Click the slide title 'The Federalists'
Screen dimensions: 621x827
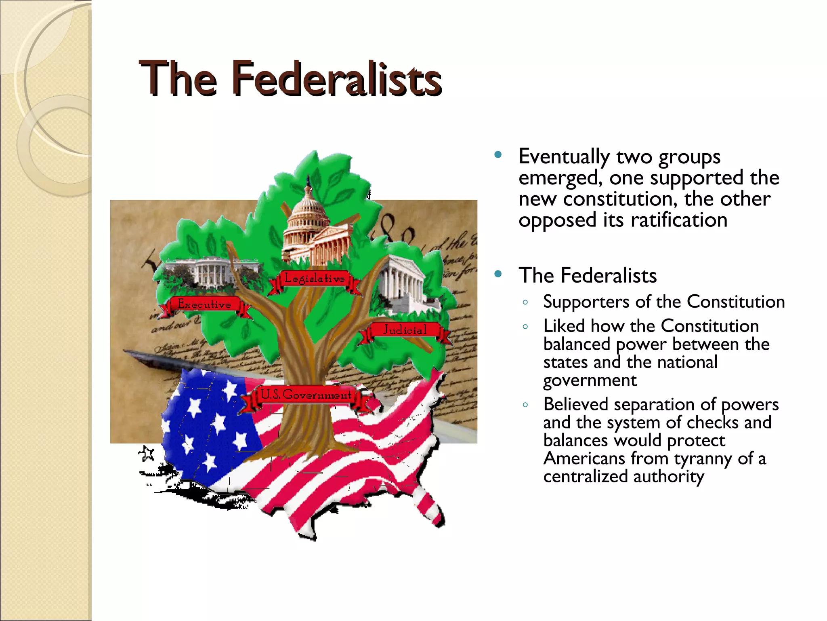[290, 78]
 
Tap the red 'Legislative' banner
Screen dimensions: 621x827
[314, 279]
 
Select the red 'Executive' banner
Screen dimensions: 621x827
[204, 304]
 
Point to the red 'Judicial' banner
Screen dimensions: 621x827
[405, 330]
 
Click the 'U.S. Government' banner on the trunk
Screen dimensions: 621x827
[306, 395]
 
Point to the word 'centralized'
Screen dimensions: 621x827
[586, 477]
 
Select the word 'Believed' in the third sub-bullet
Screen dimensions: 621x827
[575, 404]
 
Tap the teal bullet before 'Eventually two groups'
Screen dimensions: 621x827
[498, 154]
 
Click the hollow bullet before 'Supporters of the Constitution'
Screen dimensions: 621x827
[525, 302]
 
